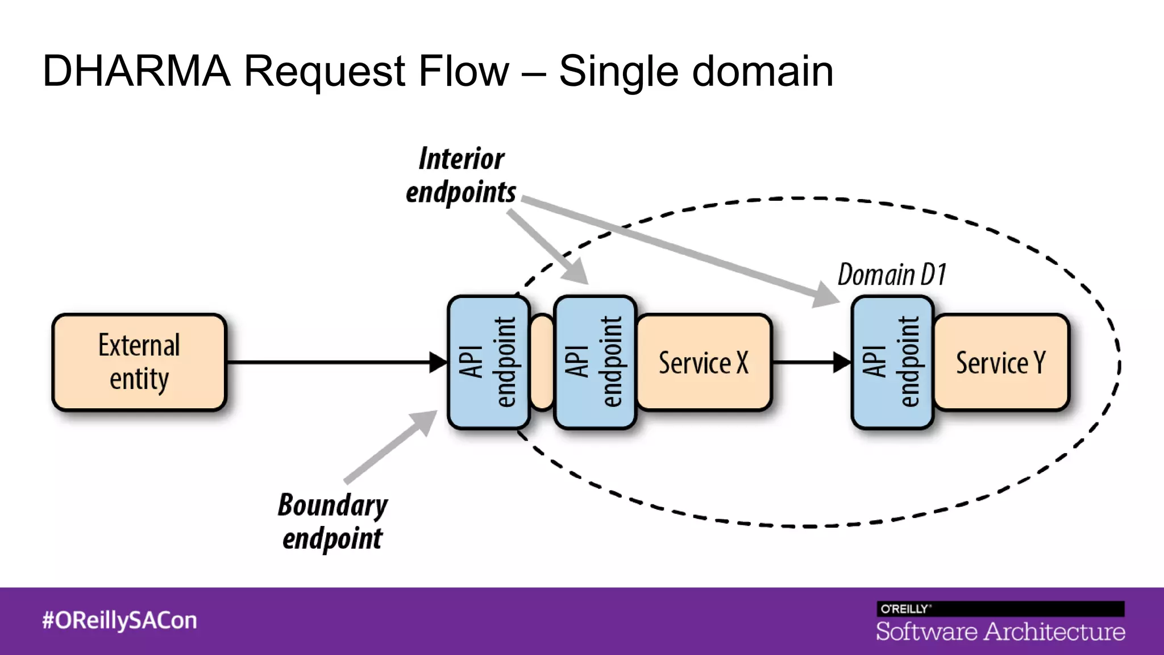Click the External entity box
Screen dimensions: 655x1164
(139, 362)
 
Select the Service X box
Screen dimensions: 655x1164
(704, 362)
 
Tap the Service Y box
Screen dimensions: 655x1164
(1001, 362)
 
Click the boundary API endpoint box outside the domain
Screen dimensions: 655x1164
(488, 362)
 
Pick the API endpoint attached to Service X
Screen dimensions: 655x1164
(595, 362)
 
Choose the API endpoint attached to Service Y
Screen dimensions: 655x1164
(892, 362)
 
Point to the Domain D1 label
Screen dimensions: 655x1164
(892, 275)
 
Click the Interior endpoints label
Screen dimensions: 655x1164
(461, 175)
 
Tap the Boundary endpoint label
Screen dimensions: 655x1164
(332, 521)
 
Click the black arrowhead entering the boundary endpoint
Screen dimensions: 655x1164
(438, 362)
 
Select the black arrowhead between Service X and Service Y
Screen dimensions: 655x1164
(842, 362)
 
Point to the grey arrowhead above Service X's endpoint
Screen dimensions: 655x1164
(576, 272)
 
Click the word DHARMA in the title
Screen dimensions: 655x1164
(136, 71)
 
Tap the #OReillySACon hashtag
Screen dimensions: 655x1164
(119, 620)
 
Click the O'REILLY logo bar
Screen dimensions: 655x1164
(1000, 608)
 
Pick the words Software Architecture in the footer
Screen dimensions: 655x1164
(1000, 632)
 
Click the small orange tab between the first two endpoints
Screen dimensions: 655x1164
(542, 362)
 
